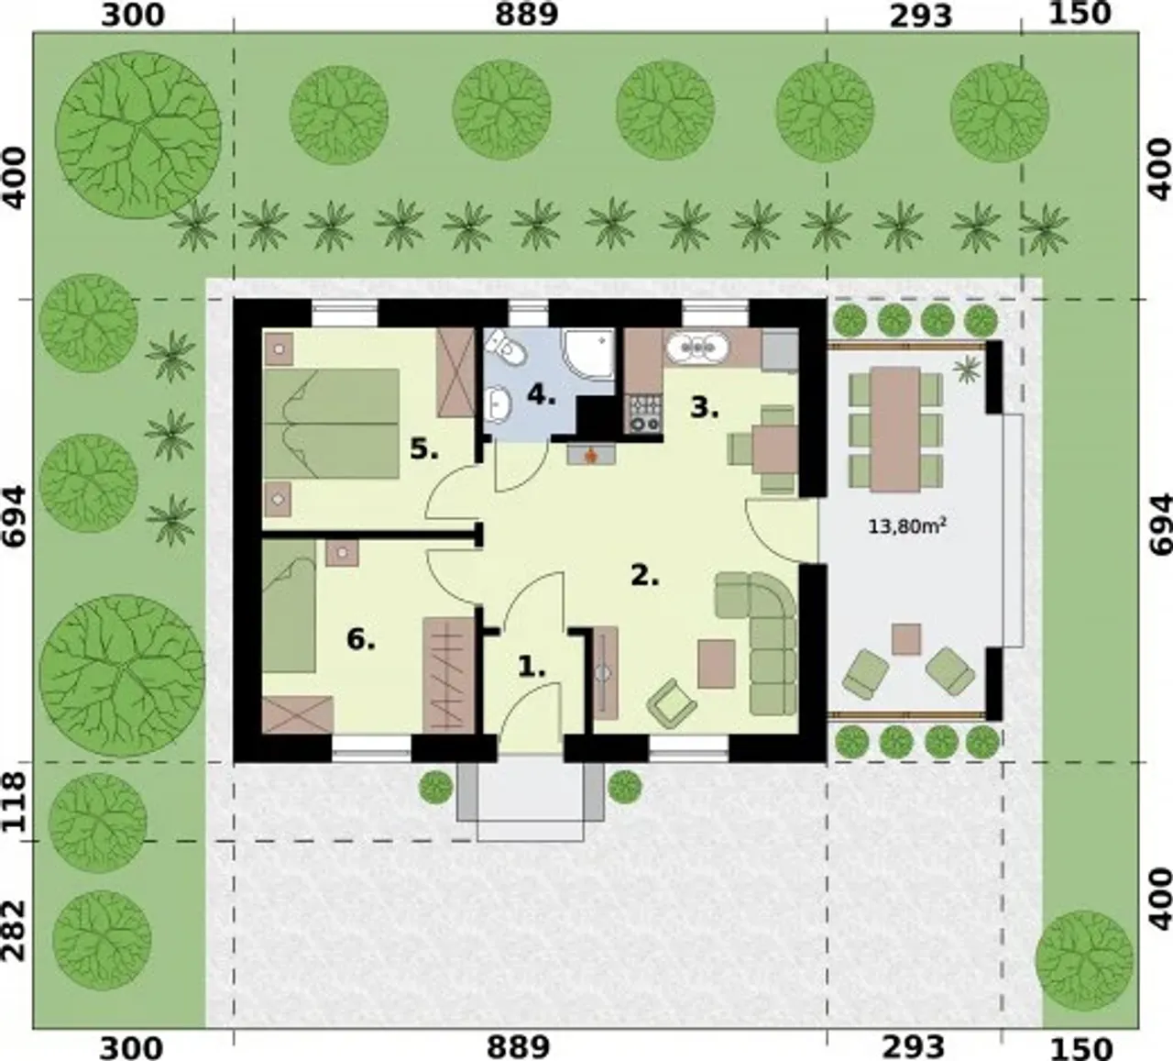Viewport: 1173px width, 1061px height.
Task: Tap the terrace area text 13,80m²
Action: pos(907,526)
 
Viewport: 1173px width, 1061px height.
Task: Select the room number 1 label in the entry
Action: pos(532,667)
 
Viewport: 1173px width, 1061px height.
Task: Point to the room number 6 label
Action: pos(361,640)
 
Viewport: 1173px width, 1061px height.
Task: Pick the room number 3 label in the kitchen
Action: pos(705,407)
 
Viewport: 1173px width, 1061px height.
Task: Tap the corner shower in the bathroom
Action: pos(588,355)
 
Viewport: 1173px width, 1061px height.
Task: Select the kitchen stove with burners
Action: pos(642,414)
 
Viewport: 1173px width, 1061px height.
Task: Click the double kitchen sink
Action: pos(696,348)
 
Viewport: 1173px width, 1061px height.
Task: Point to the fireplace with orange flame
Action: pos(591,454)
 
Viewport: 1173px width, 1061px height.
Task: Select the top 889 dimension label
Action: pos(526,15)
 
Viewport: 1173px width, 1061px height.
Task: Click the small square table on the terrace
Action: pos(906,639)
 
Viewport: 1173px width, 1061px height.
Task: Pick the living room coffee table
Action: pos(717,664)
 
